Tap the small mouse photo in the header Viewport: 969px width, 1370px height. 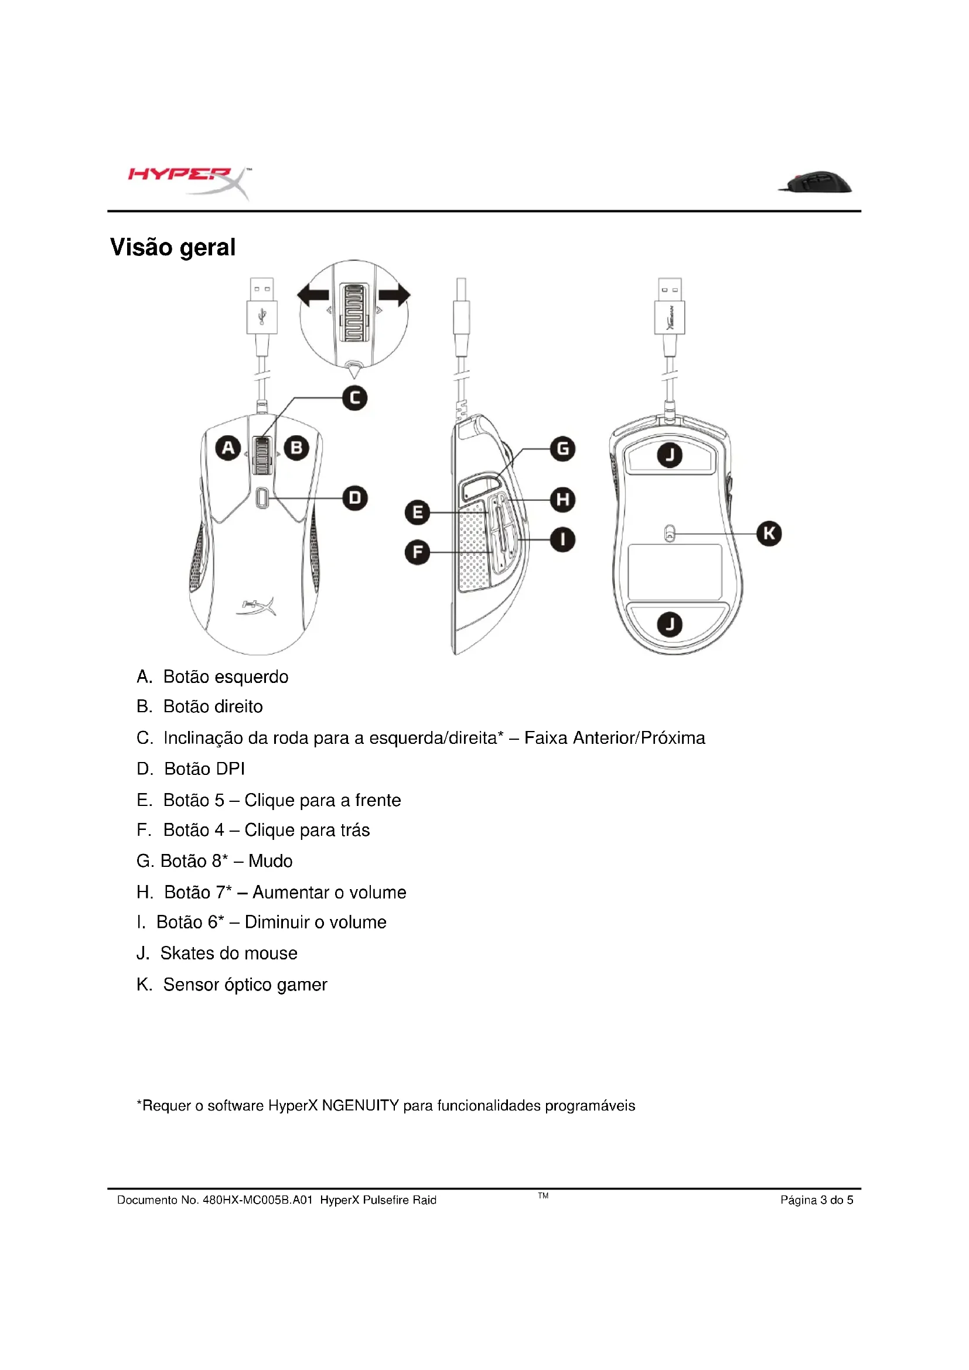pos(815,182)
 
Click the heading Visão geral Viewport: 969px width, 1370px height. pos(172,247)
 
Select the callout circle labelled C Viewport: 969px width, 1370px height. pos(354,398)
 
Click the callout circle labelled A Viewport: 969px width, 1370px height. pos(228,447)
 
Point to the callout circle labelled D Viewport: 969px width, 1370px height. pos(354,498)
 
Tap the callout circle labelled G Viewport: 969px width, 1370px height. pos(562,449)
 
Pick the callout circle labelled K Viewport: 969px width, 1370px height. pos(769,534)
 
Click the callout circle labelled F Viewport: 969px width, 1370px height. pos(417,552)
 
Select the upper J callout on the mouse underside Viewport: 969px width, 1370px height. pos(670,456)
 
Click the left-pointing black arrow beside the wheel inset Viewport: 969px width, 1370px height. pos(313,295)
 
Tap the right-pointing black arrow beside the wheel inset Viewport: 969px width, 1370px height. pos(394,295)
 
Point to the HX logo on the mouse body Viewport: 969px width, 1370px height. pos(258,606)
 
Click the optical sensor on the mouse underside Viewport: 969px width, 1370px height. pos(670,533)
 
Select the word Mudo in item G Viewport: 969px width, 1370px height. pos(270,861)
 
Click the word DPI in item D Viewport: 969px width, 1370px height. pos(230,769)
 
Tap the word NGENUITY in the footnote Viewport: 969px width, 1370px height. pos(360,1106)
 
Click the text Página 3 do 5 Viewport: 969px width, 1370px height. pos(816,1200)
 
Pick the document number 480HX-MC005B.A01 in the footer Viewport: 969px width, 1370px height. pos(257,1200)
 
